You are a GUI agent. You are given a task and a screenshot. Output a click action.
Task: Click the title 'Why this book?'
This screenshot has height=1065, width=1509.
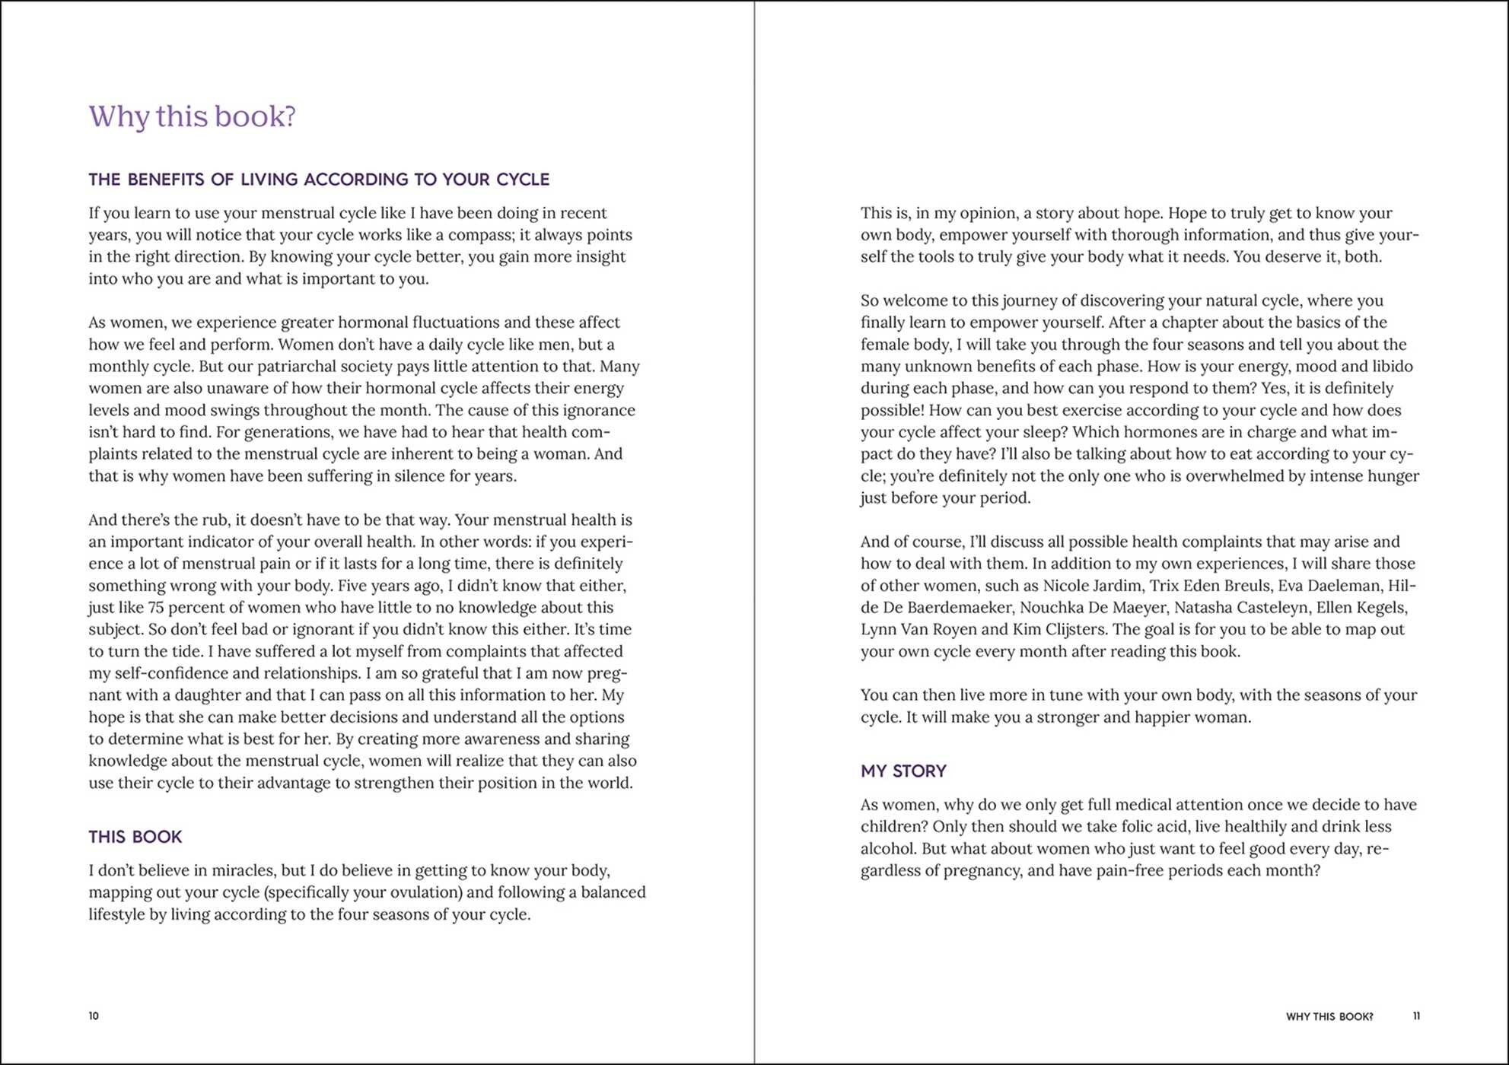(192, 116)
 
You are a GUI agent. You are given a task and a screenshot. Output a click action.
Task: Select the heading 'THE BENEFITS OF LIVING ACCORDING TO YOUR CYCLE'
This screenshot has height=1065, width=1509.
(318, 180)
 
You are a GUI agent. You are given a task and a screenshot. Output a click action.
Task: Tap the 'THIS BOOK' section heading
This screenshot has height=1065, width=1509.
(135, 837)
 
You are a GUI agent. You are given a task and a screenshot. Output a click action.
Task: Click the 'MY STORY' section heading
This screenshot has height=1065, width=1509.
(903, 771)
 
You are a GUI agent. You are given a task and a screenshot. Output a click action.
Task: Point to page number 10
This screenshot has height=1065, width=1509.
(94, 1016)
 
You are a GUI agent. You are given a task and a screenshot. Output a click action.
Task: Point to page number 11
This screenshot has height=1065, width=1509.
(1415, 1016)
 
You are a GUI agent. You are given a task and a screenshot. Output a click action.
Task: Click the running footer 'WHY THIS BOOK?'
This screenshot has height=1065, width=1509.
(1329, 1016)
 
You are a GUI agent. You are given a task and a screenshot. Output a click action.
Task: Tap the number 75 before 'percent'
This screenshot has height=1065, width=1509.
(156, 608)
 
